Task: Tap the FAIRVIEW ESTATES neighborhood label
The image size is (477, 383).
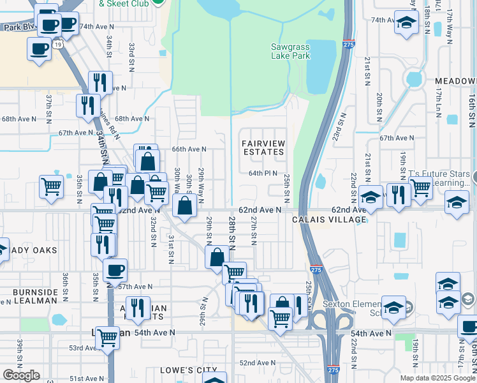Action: [263, 147]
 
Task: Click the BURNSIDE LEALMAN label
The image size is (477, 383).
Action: [36, 297]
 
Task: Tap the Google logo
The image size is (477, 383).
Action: [21, 375]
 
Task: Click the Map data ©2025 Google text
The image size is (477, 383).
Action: [437, 378]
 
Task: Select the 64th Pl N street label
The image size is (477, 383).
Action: [263, 173]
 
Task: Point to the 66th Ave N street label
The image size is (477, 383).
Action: [189, 149]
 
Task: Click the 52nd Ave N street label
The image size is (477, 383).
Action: [257, 362]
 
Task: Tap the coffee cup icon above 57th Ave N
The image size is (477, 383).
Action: [115, 271]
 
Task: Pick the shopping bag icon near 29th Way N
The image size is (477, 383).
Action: [184, 207]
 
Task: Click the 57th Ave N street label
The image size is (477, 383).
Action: [135, 287]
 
